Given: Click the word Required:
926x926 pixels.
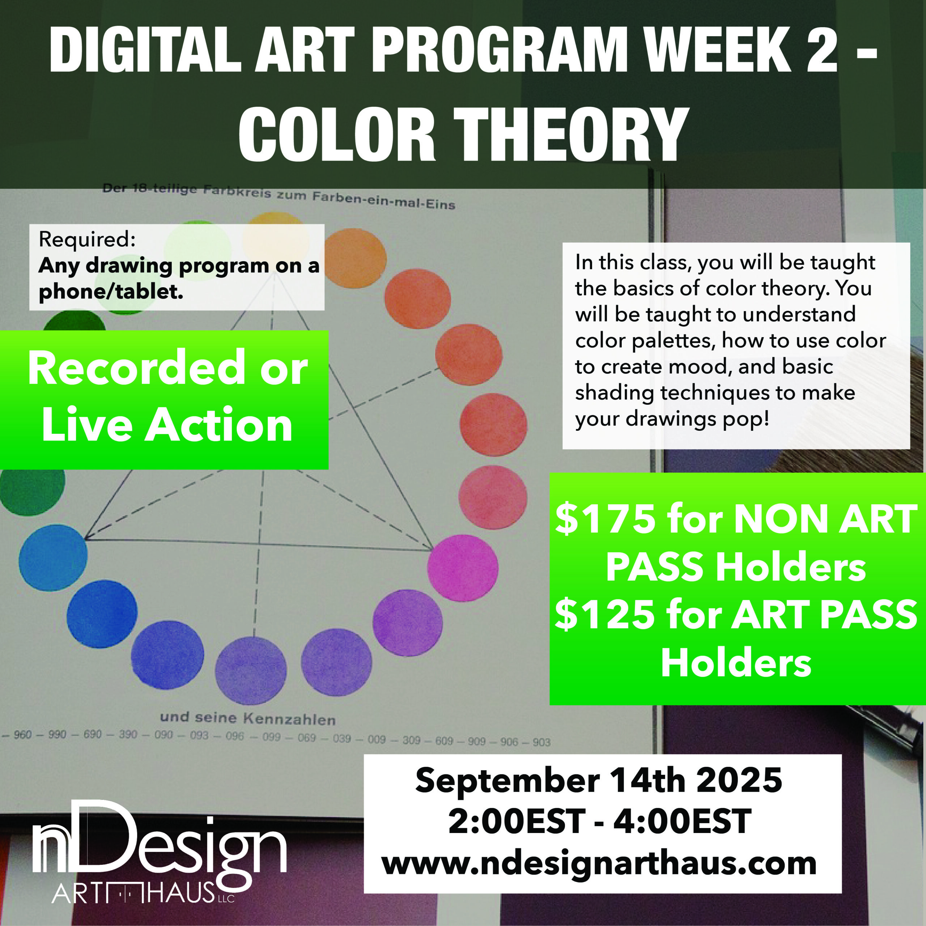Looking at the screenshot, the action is pyautogui.click(x=87, y=239).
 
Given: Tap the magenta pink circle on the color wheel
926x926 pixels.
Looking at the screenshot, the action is pyautogui.click(x=463, y=568).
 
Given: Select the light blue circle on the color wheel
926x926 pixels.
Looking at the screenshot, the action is pyautogui.click(x=53, y=557).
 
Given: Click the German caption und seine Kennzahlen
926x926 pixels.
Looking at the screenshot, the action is pyautogui.click(x=248, y=718).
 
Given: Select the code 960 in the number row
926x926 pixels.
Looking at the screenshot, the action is pyautogui.click(x=22, y=734).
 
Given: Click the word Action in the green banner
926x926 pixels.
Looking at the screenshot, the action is pyautogui.click(x=218, y=425).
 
